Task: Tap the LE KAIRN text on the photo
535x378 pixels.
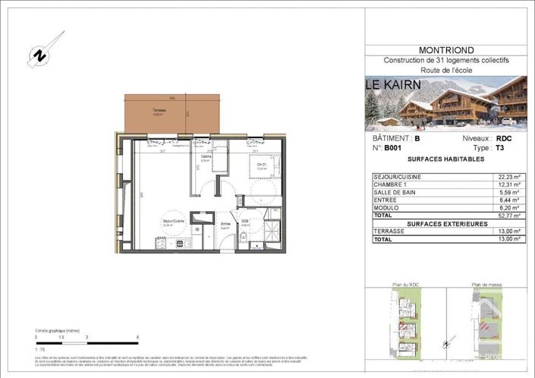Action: tap(393, 84)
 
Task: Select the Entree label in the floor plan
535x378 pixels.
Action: tap(225, 224)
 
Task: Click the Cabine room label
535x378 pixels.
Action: tap(205, 158)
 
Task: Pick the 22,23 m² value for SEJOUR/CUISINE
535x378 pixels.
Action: tap(509, 177)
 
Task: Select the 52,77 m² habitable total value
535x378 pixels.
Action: tap(509, 216)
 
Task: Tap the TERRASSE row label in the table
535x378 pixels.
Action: tap(390, 232)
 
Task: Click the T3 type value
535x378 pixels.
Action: tap(499, 150)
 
